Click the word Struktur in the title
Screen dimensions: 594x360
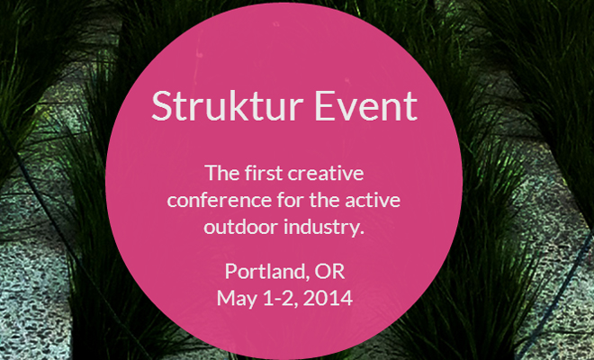click(x=228, y=105)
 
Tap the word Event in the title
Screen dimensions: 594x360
click(x=366, y=105)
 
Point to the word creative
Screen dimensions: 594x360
click(x=326, y=173)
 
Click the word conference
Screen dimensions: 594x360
click(x=220, y=200)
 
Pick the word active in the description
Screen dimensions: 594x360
click(x=373, y=200)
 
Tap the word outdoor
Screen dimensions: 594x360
click(x=241, y=227)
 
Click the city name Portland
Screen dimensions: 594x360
click(x=265, y=271)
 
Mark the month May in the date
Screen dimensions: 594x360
click(x=237, y=300)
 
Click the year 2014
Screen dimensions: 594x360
click(x=328, y=298)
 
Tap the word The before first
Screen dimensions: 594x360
click(x=222, y=173)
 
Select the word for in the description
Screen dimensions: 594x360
click(x=290, y=200)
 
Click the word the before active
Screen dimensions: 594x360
click(x=324, y=200)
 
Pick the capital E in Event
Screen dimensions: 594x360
click(x=323, y=105)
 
